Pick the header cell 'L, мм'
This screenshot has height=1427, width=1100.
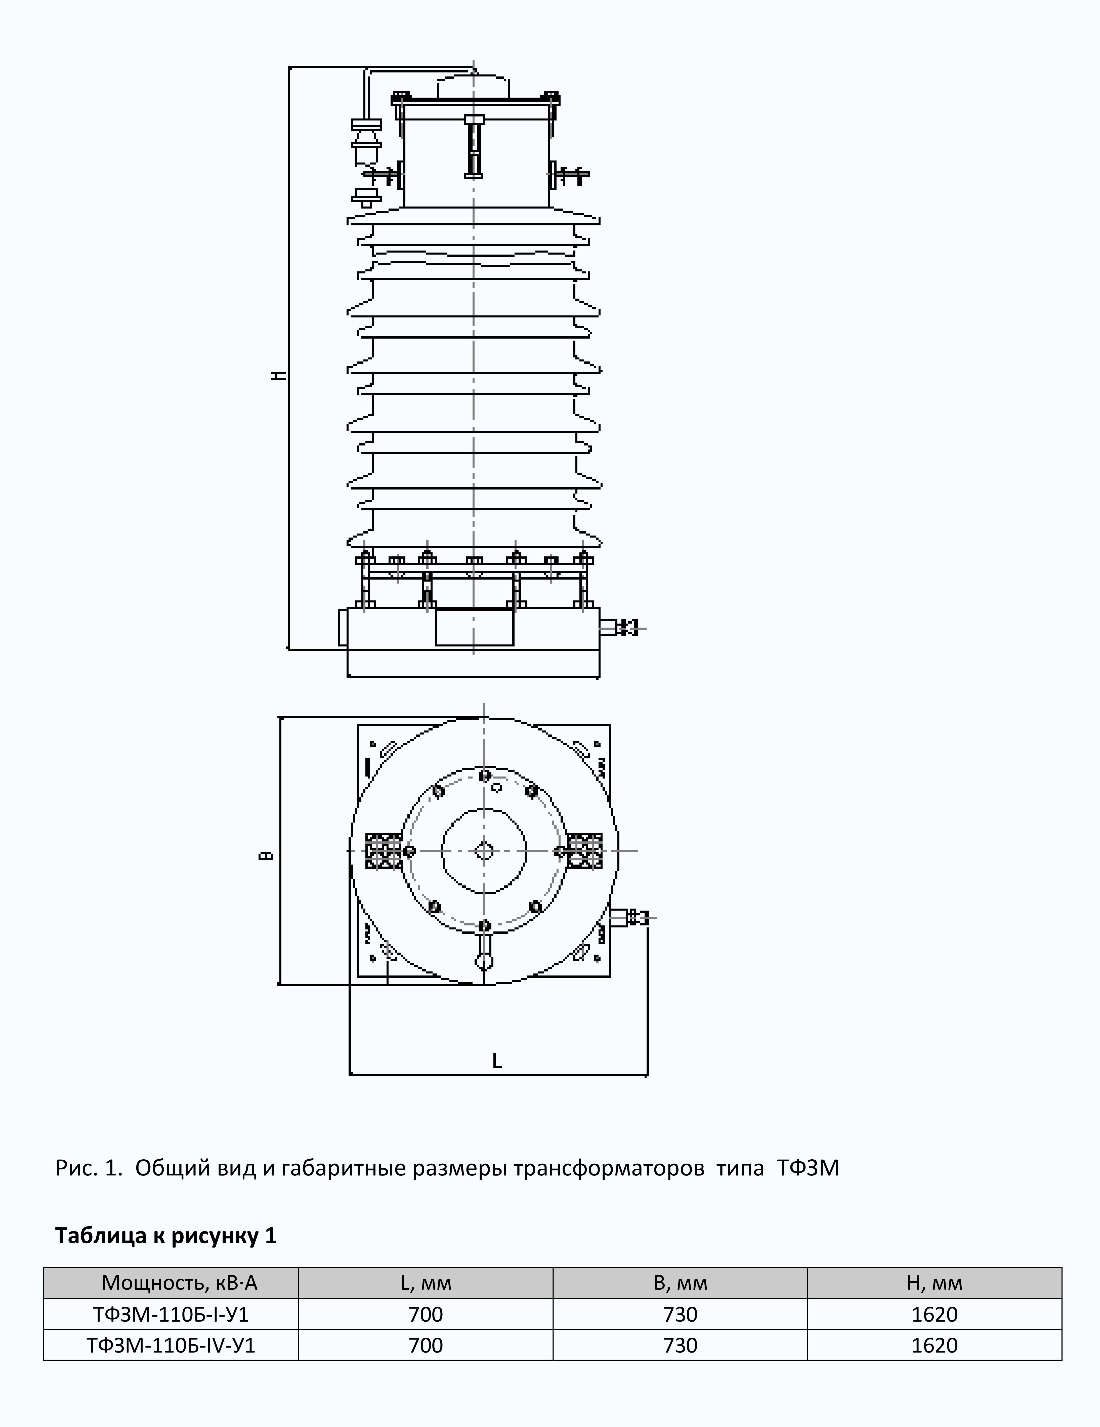[x=425, y=1283]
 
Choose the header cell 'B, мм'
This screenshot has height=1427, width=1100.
[x=680, y=1283]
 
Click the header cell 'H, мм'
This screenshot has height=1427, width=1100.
[x=934, y=1283]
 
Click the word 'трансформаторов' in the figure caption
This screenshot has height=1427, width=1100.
[x=609, y=1168]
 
